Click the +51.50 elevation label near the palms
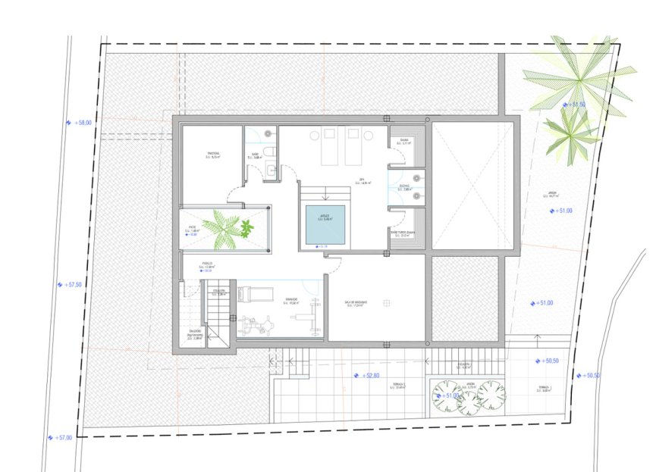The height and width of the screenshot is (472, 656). pyautogui.click(x=575, y=105)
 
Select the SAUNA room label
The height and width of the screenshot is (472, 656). pyautogui.click(x=404, y=139)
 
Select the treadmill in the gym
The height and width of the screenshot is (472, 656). pyautogui.click(x=256, y=292)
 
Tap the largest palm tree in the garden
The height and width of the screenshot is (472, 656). pyautogui.click(x=579, y=75)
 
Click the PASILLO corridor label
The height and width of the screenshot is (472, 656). pyautogui.click(x=206, y=264)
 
